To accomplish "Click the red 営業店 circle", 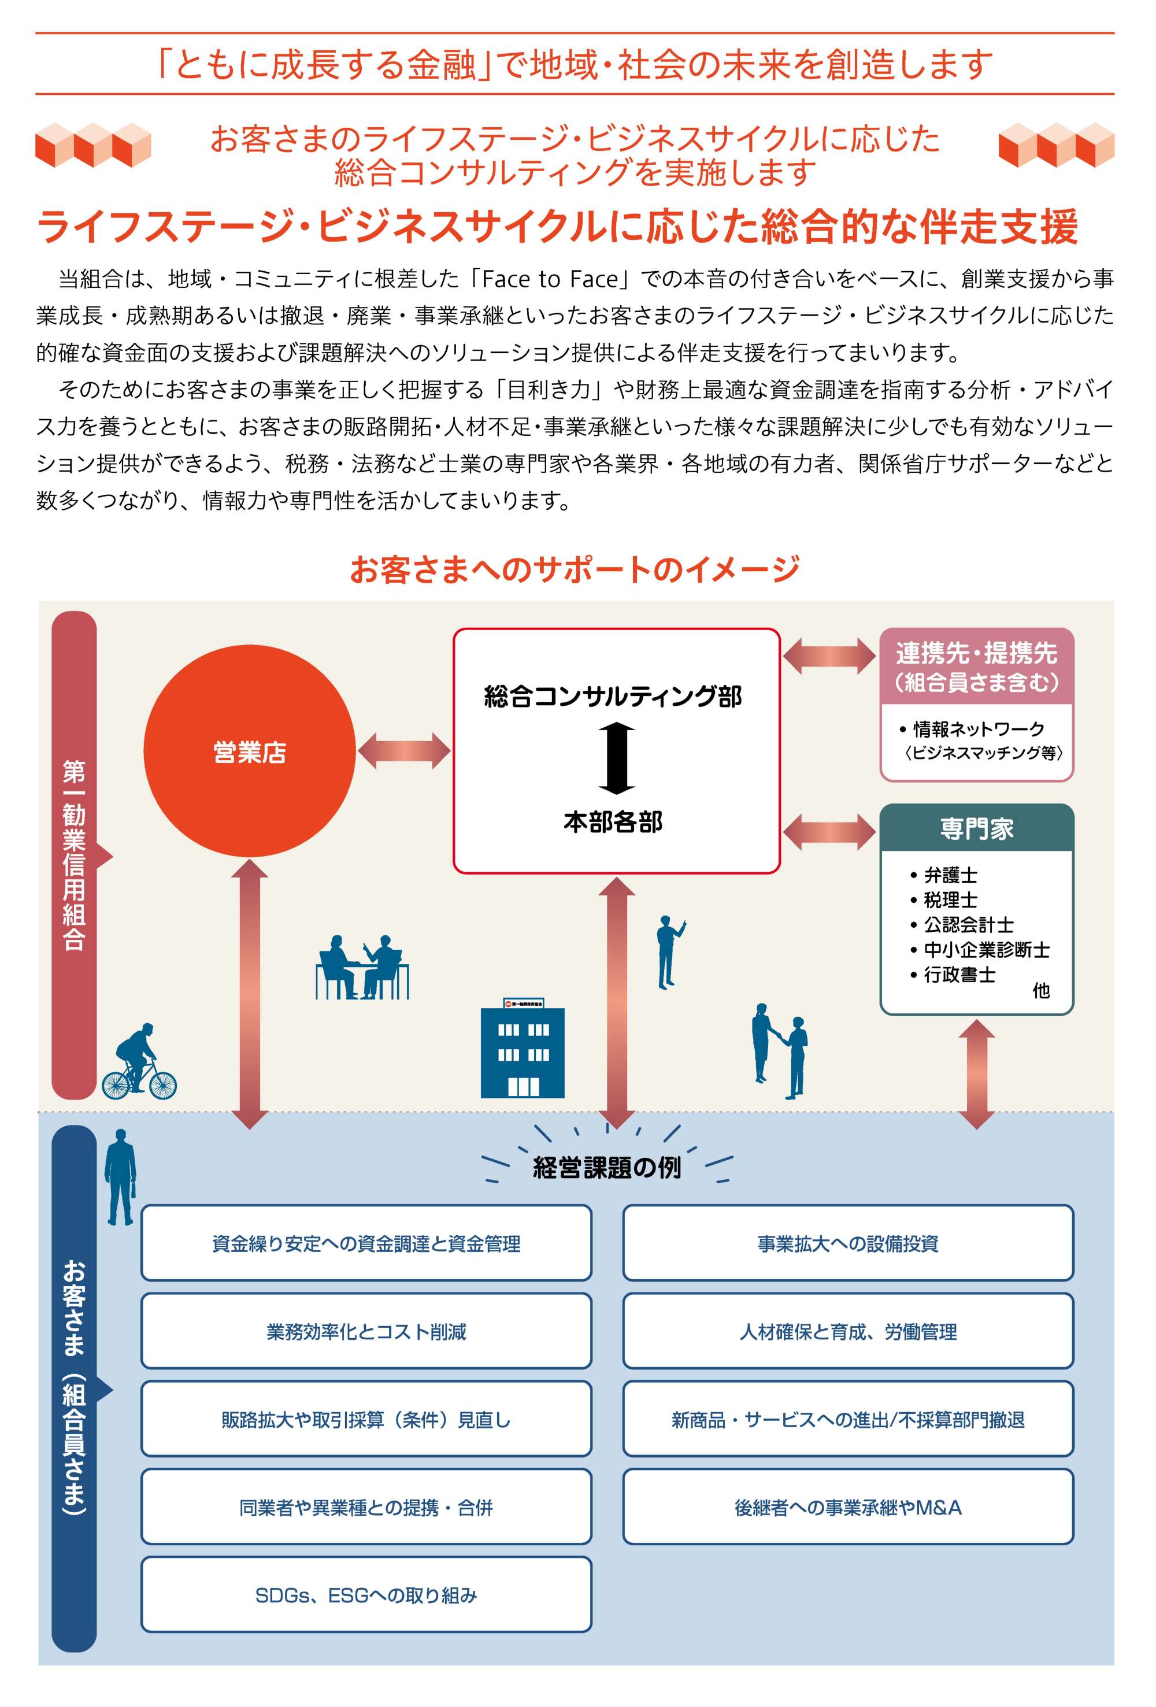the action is pyautogui.click(x=249, y=751).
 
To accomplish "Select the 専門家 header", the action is pyautogui.click(x=976, y=828).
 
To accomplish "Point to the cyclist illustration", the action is pyautogui.click(x=139, y=1061).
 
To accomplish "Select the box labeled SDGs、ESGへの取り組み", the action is pyautogui.click(x=366, y=1595).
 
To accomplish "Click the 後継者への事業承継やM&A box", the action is pyautogui.click(x=847, y=1507).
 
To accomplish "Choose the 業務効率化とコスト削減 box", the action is pyautogui.click(x=366, y=1332).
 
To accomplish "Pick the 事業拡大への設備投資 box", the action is pyautogui.click(x=847, y=1243).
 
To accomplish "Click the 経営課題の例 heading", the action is pyautogui.click(x=607, y=1168).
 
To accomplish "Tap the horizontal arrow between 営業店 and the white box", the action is pyautogui.click(x=404, y=751).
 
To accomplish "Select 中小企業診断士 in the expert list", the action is pyautogui.click(x=980, y=950).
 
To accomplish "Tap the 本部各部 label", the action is pyautogui.click(x=613, y=822).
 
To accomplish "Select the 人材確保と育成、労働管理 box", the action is pyautogui.click(x=847, y=1332).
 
